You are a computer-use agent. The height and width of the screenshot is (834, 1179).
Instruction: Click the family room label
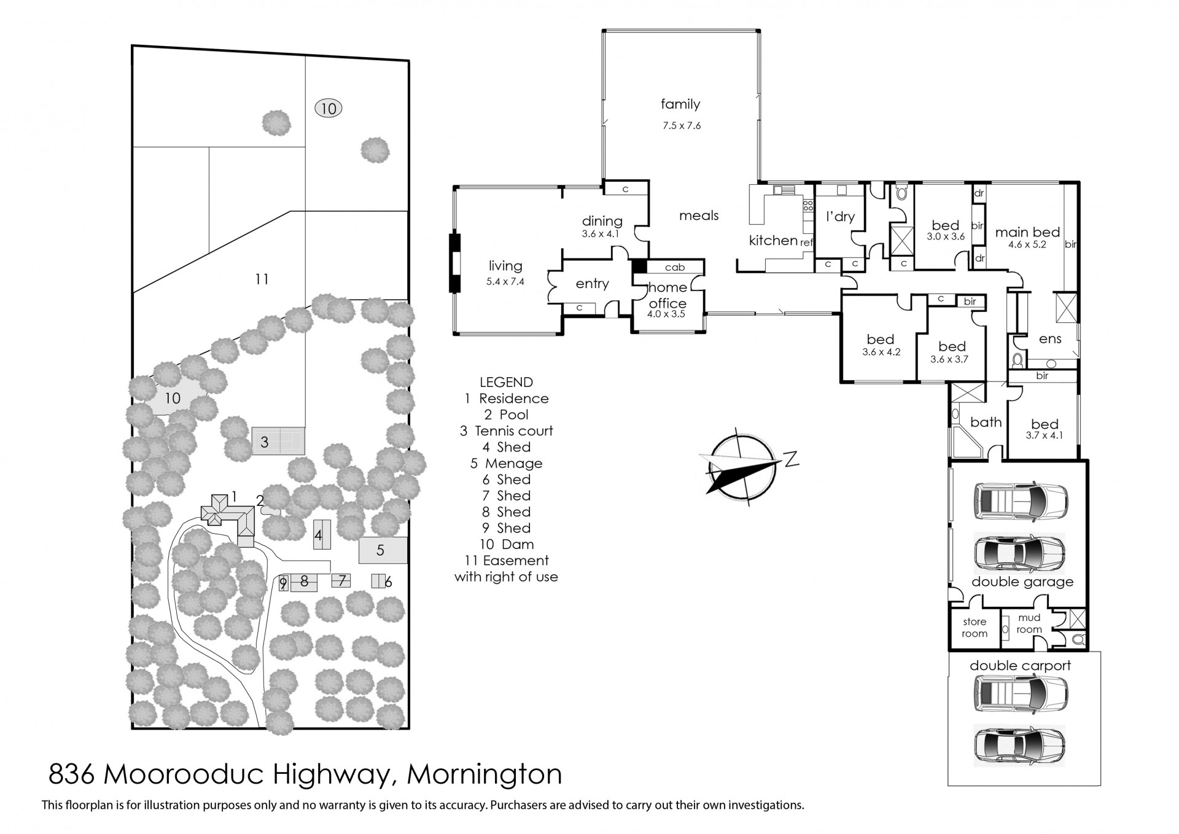pyautogui.click(x=680, y=104)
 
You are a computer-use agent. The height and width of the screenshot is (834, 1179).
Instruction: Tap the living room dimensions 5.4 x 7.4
pyautogui.click(x=505, y=282)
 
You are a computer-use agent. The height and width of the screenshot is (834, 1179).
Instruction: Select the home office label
pyautogui.click(x=667, y=295)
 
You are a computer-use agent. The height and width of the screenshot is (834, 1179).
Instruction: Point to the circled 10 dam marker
pyautogui.click(x=329, y=109)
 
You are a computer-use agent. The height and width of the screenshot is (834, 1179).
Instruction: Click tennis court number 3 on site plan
pyautogui.click(x=265, y=442)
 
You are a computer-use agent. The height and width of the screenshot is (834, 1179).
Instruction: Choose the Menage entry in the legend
pyautogui.click(x=507, y=463)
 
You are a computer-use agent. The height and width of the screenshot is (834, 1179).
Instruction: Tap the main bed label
pyautogui.click(x=1027, y=232)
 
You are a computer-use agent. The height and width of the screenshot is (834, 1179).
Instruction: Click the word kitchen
pyautogui.click(x=772, y=240)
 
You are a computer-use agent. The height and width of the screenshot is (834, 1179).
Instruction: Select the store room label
pyautogui.click(x=975, y=628)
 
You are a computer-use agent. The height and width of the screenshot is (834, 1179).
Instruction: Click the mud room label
pyautogui.click(x=1029, y=623)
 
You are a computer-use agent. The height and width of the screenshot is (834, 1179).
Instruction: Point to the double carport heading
pyautogui.click(x=1020, y=665)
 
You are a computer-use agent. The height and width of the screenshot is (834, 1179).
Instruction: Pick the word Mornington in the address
pyautogui.click(x=484, y=774)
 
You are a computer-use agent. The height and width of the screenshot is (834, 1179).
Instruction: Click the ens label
pyautogui.click(x=1050, y=338)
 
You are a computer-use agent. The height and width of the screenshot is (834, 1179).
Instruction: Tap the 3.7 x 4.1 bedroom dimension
pyautogui.click(x=1044, y=435)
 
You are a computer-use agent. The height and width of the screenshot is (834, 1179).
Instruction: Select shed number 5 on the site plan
pyautogui.click(x=380, y=550)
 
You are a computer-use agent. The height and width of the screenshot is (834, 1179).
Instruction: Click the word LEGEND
pyautogui.click(x=506, y=382)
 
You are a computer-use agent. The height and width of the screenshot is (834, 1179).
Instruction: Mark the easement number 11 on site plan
pyautogui.click(x=262, y=279)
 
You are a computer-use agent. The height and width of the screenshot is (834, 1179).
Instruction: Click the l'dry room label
pyautogui.click(x=840, y=217)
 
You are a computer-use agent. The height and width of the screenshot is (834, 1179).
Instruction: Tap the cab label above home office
pyautogui.click(x=674, y=267)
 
